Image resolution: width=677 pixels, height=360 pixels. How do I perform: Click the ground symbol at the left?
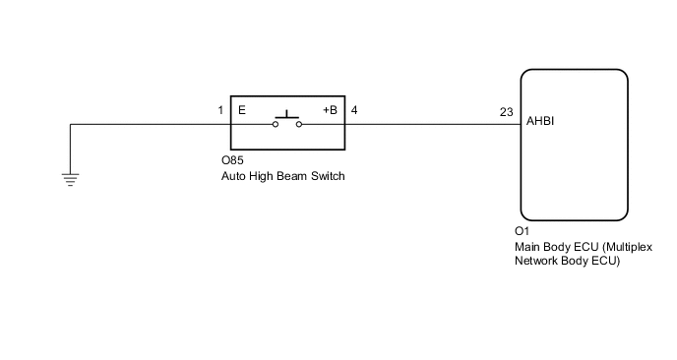[69, 178]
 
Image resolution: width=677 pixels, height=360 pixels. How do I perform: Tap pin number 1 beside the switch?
[221, 110]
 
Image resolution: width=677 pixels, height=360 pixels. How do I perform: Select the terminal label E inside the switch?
[241, 110]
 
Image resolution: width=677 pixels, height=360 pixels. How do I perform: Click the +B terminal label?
[330, 110]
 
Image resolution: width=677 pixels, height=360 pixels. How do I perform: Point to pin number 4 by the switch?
[354, 110]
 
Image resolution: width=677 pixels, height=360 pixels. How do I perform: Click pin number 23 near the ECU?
[506, 112]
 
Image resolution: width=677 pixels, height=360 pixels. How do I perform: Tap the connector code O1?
[522, 232]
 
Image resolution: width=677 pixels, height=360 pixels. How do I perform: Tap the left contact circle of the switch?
[275, 125]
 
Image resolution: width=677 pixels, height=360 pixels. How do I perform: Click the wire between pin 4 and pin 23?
[433, 125]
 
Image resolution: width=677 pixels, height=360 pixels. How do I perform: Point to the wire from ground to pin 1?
[148, 125]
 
